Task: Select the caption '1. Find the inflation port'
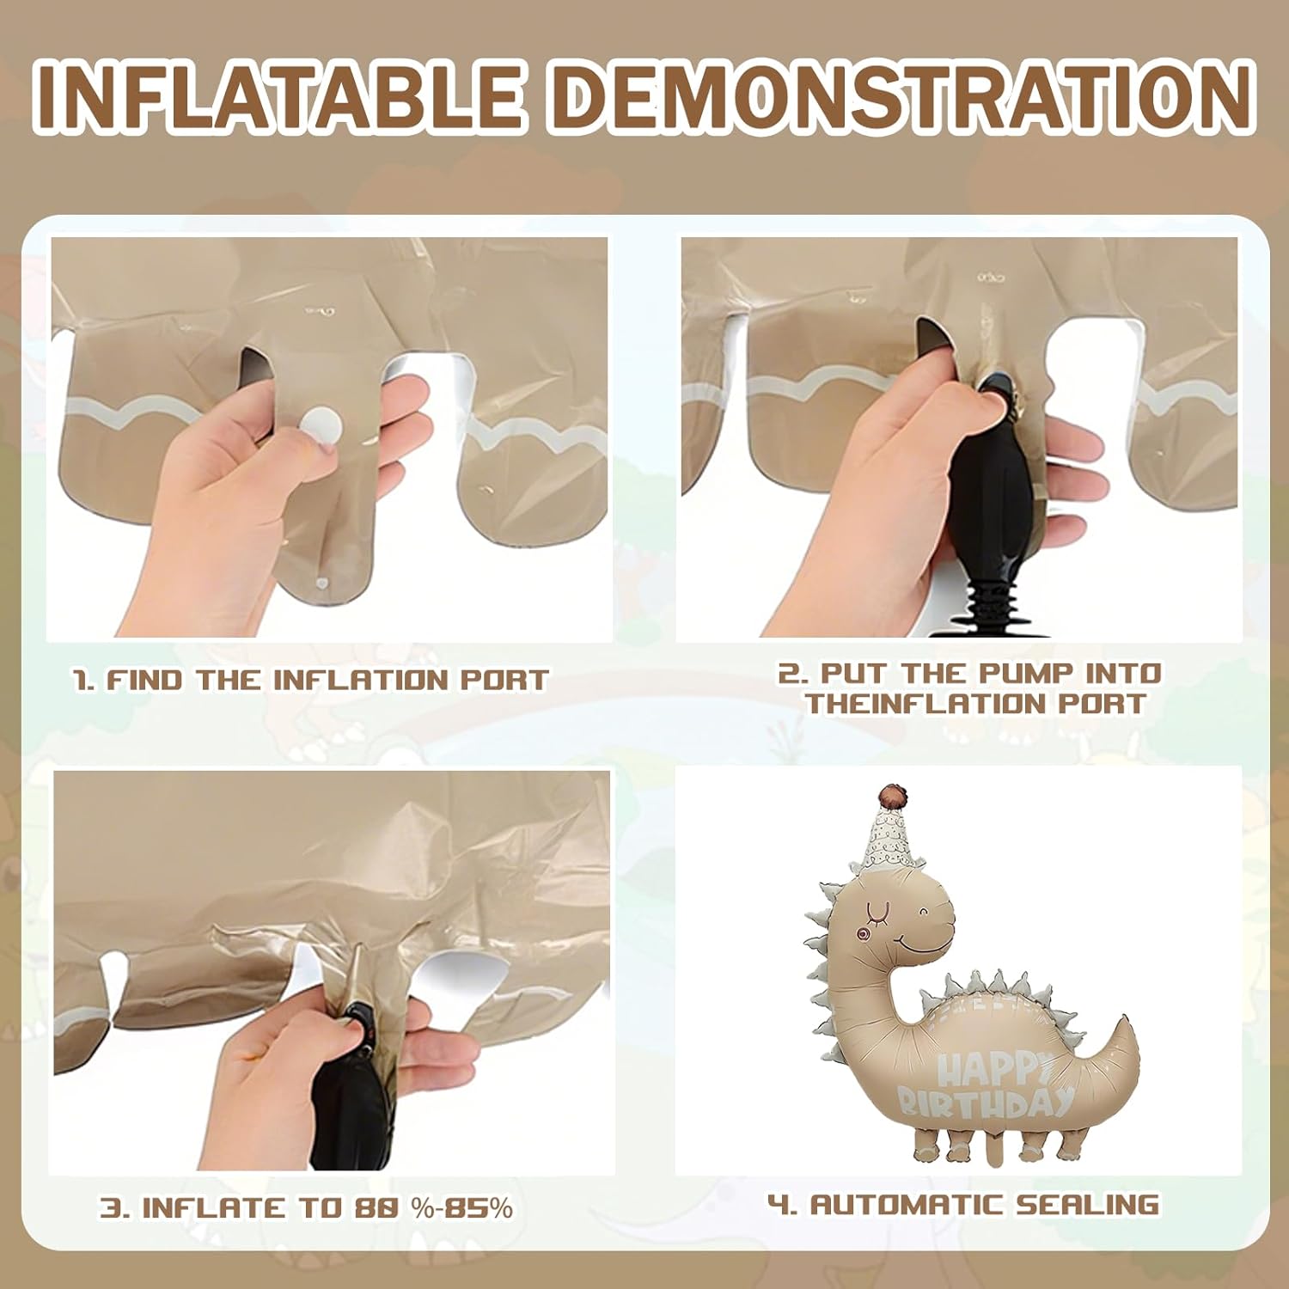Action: point(310,681)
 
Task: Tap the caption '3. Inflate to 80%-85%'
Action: point(307,1207)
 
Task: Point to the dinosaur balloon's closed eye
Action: point(877,907)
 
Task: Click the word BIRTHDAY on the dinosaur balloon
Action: point(986,1102)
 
